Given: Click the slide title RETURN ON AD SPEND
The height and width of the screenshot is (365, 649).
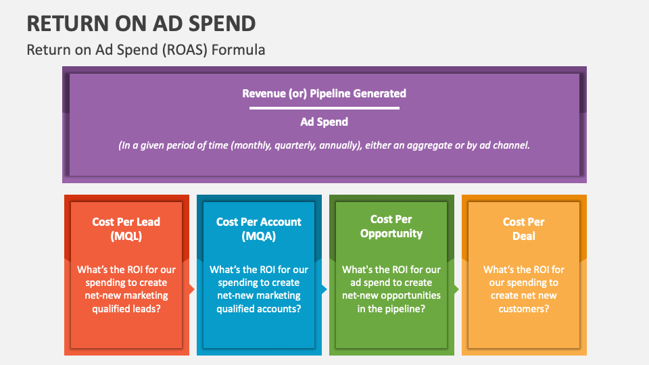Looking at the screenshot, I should pyautogui.click(x=141, y=24).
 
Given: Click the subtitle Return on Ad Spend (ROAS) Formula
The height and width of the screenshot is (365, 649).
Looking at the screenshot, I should pyautogui.click(x=145, y=51).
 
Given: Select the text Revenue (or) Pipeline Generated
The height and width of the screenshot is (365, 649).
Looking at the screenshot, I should pyautogui.click(x=324, y=93).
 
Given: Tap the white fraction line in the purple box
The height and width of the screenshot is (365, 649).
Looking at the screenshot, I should pyautogui.click(x=324, y=107).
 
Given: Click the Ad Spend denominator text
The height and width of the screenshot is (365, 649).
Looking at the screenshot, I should pyautogui.click(x=324, y=122).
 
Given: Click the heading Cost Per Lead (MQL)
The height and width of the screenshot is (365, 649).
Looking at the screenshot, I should pyautogui.click(x=126, y=228).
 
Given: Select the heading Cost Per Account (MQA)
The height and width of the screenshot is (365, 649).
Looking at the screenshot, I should pyautogui.click(x=258, y=228).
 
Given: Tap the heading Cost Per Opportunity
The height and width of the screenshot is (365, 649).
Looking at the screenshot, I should pyautogui.click(x=391, y=226).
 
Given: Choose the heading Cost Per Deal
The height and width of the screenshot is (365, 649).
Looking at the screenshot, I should pyautogui.click(x=523, y=228).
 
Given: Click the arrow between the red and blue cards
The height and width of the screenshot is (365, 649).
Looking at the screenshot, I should pyautogui.click(x=191, y=289).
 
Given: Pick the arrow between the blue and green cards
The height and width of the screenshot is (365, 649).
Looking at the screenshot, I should pyautogui.click(x=324, y=289).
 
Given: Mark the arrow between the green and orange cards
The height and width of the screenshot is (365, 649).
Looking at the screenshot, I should pyautogui.click(x=456, y=289).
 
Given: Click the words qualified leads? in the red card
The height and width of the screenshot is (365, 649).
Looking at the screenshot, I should pyautogui.click(x=126, y=308).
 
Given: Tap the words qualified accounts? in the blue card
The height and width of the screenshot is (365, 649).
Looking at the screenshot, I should pyautogui.click(x=258, y=308).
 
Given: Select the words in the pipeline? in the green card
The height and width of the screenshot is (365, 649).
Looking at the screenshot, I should pyautogui.click(x=391, y=308).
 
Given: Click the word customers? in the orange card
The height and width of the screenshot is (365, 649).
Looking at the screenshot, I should pyautogui.click(x=523, y=308).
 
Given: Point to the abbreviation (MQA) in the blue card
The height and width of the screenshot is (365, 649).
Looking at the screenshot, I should pyautogui.click(x=258, y=236).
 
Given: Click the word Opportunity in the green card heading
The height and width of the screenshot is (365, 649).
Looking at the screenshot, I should pyautogui.click(x=391, y=234).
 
